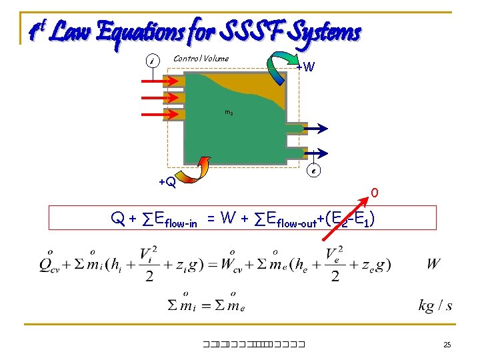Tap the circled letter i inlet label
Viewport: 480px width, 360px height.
(152, 62)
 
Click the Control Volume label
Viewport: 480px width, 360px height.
(201, 59)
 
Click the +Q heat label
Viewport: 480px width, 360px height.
(167, 181)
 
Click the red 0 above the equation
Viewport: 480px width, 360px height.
(375, 193)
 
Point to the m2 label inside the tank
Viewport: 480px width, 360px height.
(228, 113)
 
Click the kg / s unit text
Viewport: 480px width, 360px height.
(435, 306)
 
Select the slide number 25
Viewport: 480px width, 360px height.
(447, 345)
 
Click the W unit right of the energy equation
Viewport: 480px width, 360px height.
(433, 264)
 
